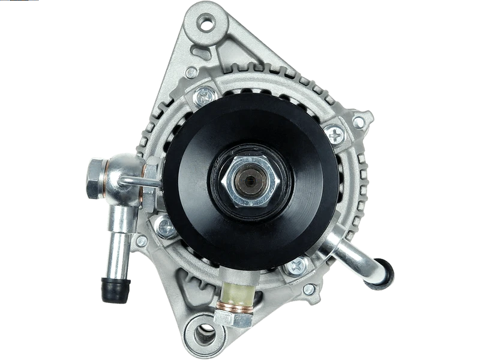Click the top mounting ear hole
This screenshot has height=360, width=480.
pyautogui.click(x=207, y=25)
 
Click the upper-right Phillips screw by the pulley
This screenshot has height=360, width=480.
pyautogui.click(x=334, y=134)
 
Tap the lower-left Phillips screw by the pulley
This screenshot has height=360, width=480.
pyautogui.click(x=165, y=227)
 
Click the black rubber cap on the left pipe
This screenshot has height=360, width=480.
pyautogui.click(x=116, y=290)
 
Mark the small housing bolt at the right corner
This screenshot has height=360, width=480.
pyautogui.click(x=358, y=122)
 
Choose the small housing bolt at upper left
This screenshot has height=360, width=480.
pyautogui.click(x=191, y=73)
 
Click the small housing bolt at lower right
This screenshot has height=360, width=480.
pyautogui.click(x=309, y=290)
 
